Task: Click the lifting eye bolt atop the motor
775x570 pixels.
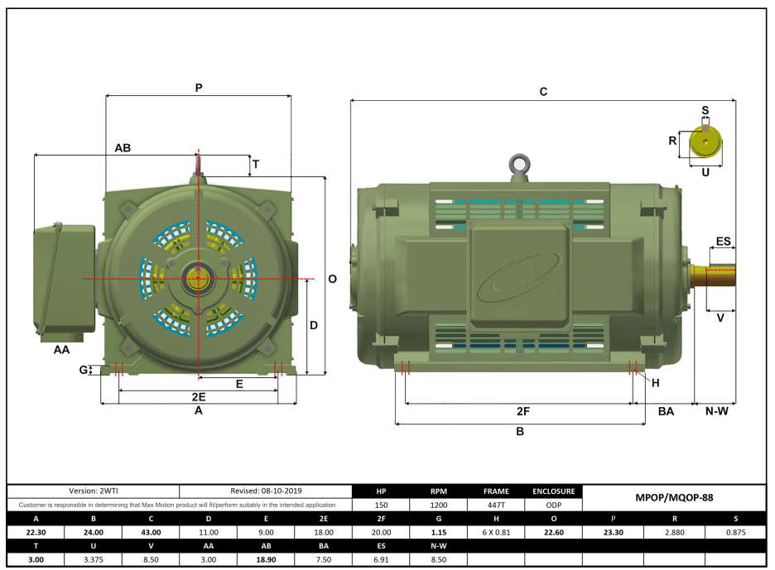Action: [519, 164]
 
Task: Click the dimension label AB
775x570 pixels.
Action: [123, 148]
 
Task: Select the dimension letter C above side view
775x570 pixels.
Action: [543, 92]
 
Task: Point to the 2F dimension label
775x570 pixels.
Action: [522, 411]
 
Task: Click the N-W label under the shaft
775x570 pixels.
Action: [716, 411]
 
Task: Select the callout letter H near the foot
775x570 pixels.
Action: [655, 383]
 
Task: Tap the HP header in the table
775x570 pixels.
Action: [382, 491]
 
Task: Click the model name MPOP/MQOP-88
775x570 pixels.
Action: [674, 498]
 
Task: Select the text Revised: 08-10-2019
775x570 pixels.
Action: [266, 491]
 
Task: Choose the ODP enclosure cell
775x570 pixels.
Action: [553, 505]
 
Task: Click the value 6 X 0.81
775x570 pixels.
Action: [496, 533]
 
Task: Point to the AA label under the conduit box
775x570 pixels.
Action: [61, 351]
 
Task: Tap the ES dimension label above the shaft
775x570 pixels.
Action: [723, 242]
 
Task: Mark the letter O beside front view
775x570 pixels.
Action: [332, 280]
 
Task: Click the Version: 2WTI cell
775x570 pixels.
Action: [94, 491]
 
